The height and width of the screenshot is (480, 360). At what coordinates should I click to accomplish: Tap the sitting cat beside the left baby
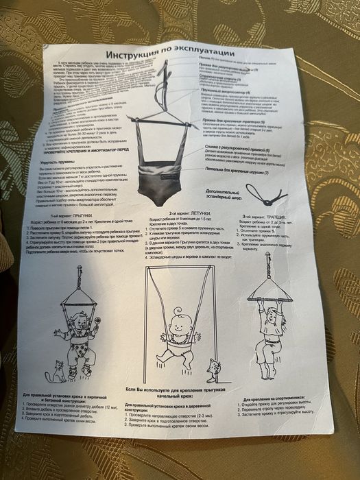point(54,374)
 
